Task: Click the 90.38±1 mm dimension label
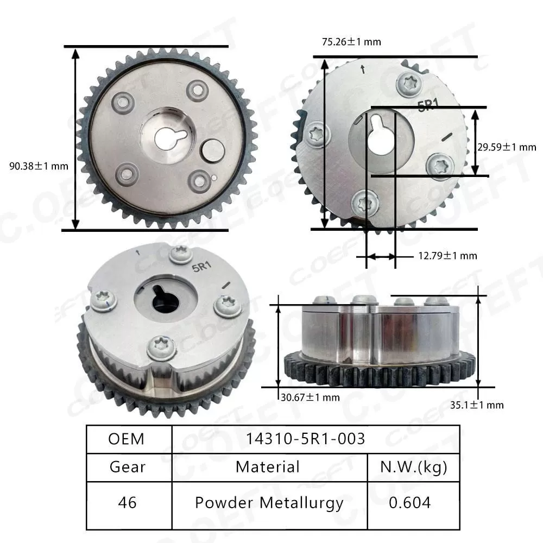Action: click(x=39, y=166)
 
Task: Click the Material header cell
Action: click(x=268, y=466)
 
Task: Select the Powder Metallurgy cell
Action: click(x=269, y=502)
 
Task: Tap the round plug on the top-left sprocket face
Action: click(x=212, y=151)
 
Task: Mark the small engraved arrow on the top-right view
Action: click(x=362, y=70)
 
